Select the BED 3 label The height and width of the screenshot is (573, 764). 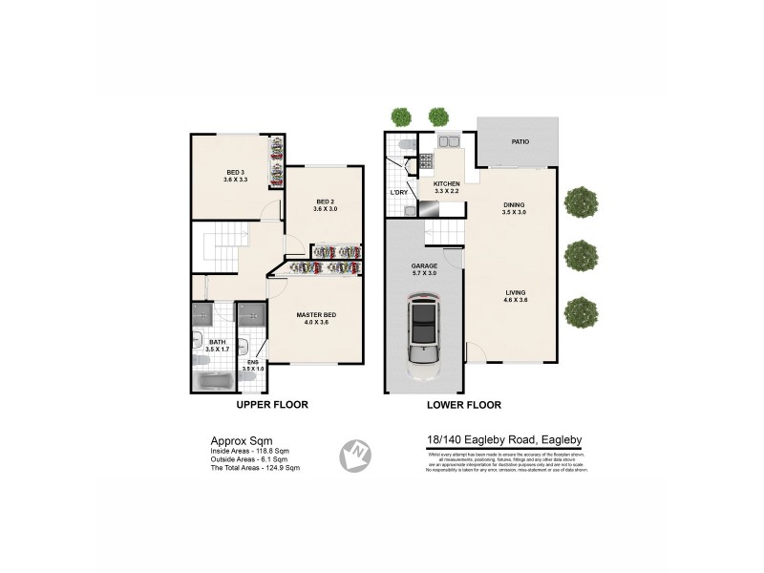pyautogui.click(x=235, y=172)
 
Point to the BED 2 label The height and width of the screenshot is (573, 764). pyautogui.click(x=326, y=202)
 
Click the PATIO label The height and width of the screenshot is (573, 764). pyautogui.click(x=520, y=141)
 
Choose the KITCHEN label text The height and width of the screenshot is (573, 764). pyautogui.click(x=447, y=183)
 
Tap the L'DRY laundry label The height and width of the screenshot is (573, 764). pyautogui.click(x=399, y=194)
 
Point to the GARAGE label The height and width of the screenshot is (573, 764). pyautogui.click(x=424, y=265)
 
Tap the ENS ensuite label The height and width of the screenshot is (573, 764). pyautogui.click(x=253, y=362)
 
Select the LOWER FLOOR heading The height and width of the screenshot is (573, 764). pyautogui.click(x=464, y=405)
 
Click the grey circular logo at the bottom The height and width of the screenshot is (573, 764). pyautogui.click(x=356, y=456)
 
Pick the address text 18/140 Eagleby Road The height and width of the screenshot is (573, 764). pyautogui.click(x=504, y=439)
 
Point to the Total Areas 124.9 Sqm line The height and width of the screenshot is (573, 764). pyautogui.click(x=255, y=468)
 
